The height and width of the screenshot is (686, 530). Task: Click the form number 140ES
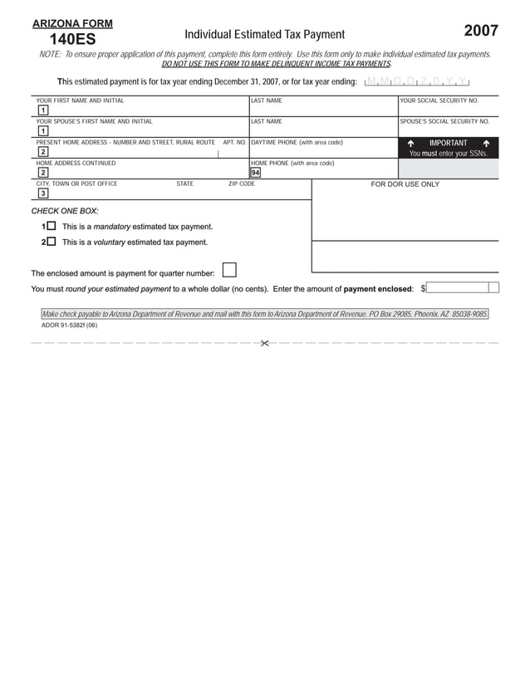72,39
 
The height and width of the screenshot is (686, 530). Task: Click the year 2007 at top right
481,31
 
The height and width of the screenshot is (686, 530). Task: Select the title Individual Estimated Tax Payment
264,34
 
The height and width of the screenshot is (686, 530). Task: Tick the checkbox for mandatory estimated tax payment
52,226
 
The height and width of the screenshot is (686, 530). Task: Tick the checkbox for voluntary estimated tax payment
52,242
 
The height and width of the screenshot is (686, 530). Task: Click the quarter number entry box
229,270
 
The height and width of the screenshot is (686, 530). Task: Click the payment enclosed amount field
463,288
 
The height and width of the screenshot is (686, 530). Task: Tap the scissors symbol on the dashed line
264,343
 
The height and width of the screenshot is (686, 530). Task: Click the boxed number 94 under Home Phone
255,173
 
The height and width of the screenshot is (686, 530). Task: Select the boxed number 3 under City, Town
42,194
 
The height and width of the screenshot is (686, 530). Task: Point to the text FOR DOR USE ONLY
405,184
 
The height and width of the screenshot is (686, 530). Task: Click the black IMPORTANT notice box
448,148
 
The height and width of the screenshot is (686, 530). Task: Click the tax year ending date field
417,81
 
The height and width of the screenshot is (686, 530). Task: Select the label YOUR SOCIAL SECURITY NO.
439,100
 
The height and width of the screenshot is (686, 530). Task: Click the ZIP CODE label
241,184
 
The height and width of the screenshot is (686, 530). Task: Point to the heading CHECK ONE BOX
65,211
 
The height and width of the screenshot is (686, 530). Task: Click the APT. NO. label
234,142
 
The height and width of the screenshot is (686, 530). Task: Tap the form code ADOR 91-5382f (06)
69,326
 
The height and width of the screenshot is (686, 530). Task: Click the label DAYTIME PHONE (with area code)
297,142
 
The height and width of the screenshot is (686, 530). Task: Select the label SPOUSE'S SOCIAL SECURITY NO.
444,121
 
